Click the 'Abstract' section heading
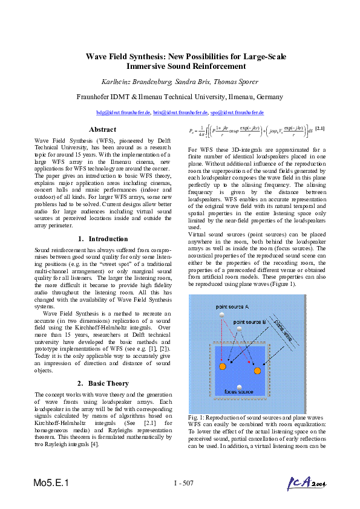pyautogui.click(x=102, y=129)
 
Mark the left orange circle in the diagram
pyautogui.click(x=223, y=367)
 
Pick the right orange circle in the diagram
pyautogui.click(x=257, y=371)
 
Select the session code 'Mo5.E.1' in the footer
pyautogui.click(x=51, y=483)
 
